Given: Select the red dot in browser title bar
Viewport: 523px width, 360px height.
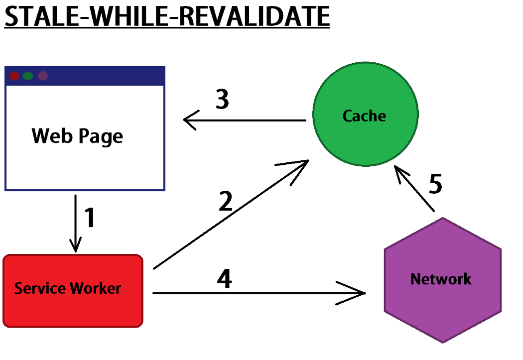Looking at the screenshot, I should pyautogui.click(x=14, y=76).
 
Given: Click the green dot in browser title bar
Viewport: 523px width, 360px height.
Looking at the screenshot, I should pyautogui.click(x=28, y=76).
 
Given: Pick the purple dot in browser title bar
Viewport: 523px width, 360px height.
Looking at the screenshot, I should pyautogui.click(x=43, y=76).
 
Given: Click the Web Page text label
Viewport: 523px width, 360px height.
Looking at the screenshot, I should pyautogui.click(x=77, y=135).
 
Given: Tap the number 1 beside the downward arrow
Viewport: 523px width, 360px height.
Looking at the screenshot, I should pyautogui.click(x=90, y=218).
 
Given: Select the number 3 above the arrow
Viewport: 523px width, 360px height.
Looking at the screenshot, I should pyautogui.click(x=222, y=100).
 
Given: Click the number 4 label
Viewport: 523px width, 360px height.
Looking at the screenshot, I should pyautogui.click(x=224, y=279).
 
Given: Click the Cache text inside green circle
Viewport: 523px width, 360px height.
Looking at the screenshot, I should pyautogui.click(x=365, y=116).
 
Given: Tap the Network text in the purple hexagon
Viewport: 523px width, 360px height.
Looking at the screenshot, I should pyautogui.click(x=441, y=279).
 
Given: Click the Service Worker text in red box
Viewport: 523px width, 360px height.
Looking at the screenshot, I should pyautogui.click(x=68, y=288).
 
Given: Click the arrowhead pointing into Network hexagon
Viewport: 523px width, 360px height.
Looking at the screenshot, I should pyautogui.click(x=361, y=293).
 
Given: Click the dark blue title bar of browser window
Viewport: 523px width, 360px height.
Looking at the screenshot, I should pyautogui.click(x=100, y=76).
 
